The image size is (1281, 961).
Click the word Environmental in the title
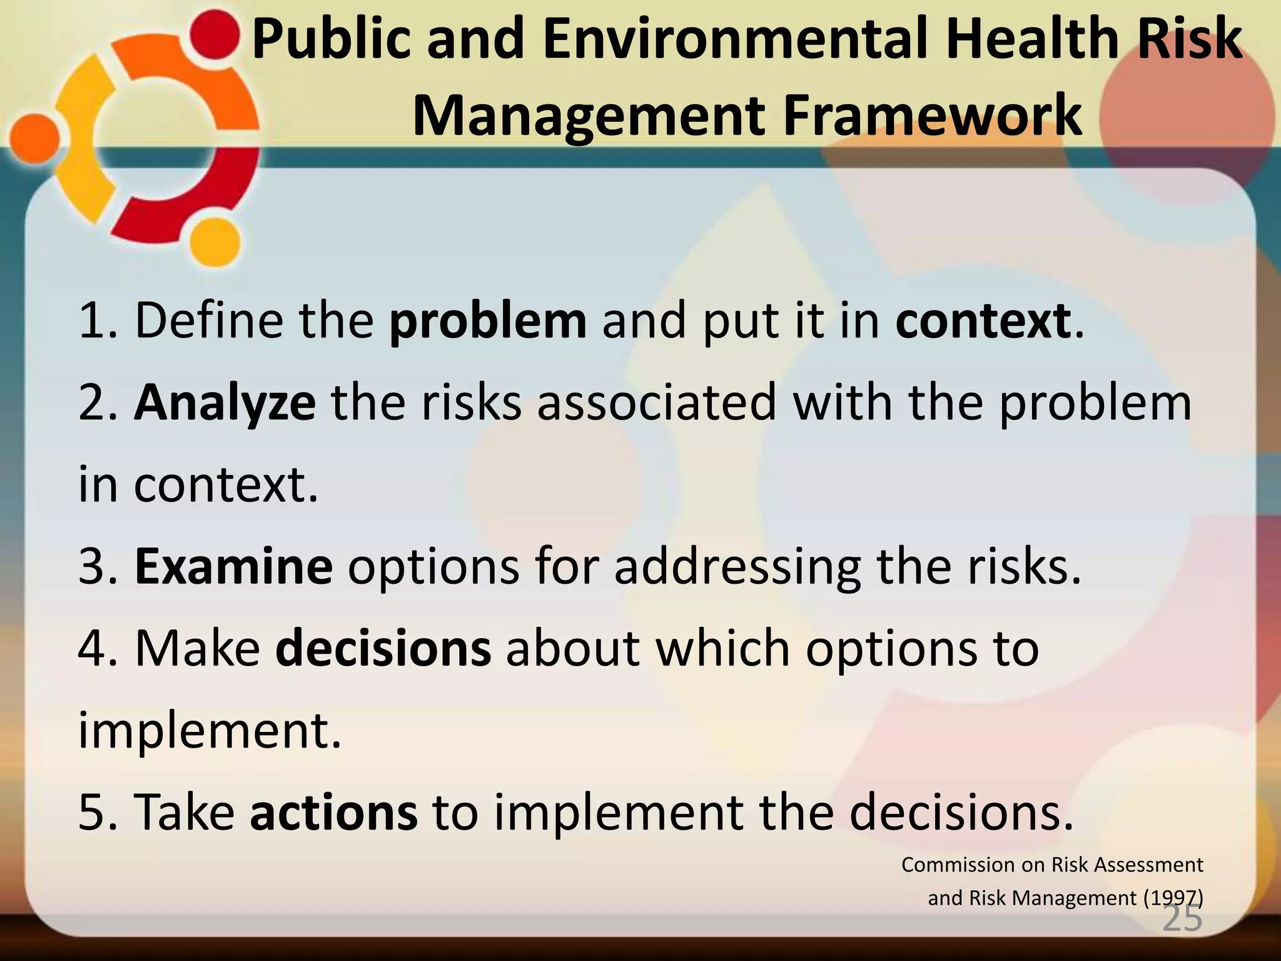pos(736,39)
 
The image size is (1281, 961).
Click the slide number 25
pos(1182,919)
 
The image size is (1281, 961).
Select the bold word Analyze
pos(225,404)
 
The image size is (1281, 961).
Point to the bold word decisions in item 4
pos(383,649)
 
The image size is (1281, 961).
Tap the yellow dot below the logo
pos(215,245)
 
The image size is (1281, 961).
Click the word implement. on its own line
pos(210,730)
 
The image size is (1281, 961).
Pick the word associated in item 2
pos(656,404)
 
